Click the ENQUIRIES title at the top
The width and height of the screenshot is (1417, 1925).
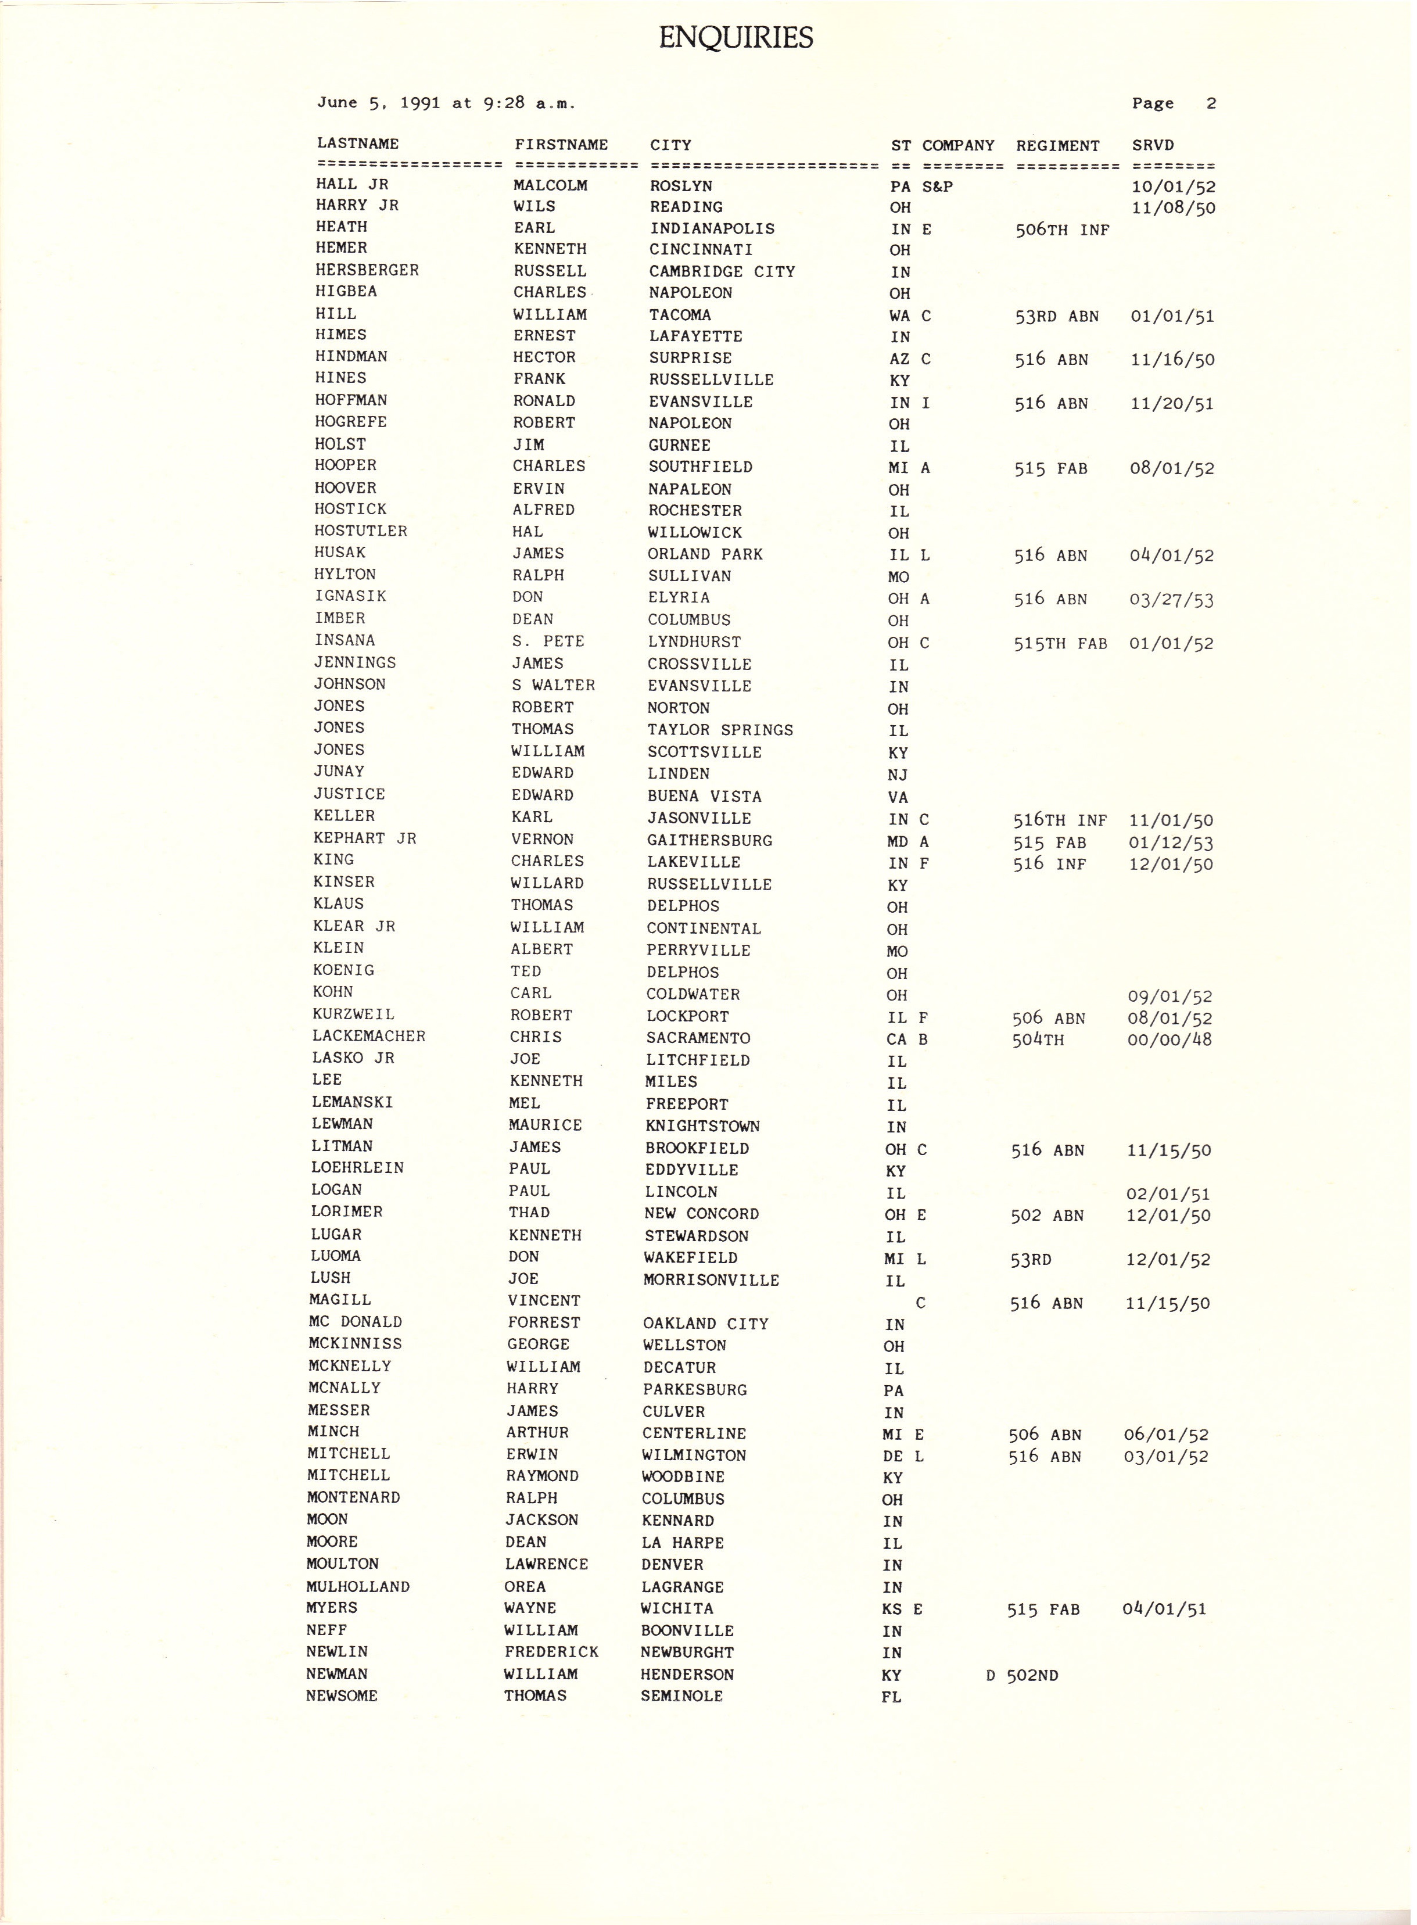[735, 38]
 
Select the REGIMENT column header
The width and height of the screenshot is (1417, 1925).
[1057, 146]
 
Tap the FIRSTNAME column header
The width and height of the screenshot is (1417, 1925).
[561, 145]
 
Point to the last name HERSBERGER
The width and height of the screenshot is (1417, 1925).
[367, 270]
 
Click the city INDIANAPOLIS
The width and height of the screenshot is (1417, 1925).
[711, 229]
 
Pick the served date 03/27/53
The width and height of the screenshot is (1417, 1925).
[1171, 600]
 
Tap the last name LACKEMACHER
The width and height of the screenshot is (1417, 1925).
[369, 1036]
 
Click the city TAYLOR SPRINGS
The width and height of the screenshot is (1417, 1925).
[720, 730]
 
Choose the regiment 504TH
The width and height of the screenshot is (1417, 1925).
[1038, 1039]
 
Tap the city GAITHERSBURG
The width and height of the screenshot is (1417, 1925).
[709, 841]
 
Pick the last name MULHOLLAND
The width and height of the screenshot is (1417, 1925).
[358, 1587]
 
